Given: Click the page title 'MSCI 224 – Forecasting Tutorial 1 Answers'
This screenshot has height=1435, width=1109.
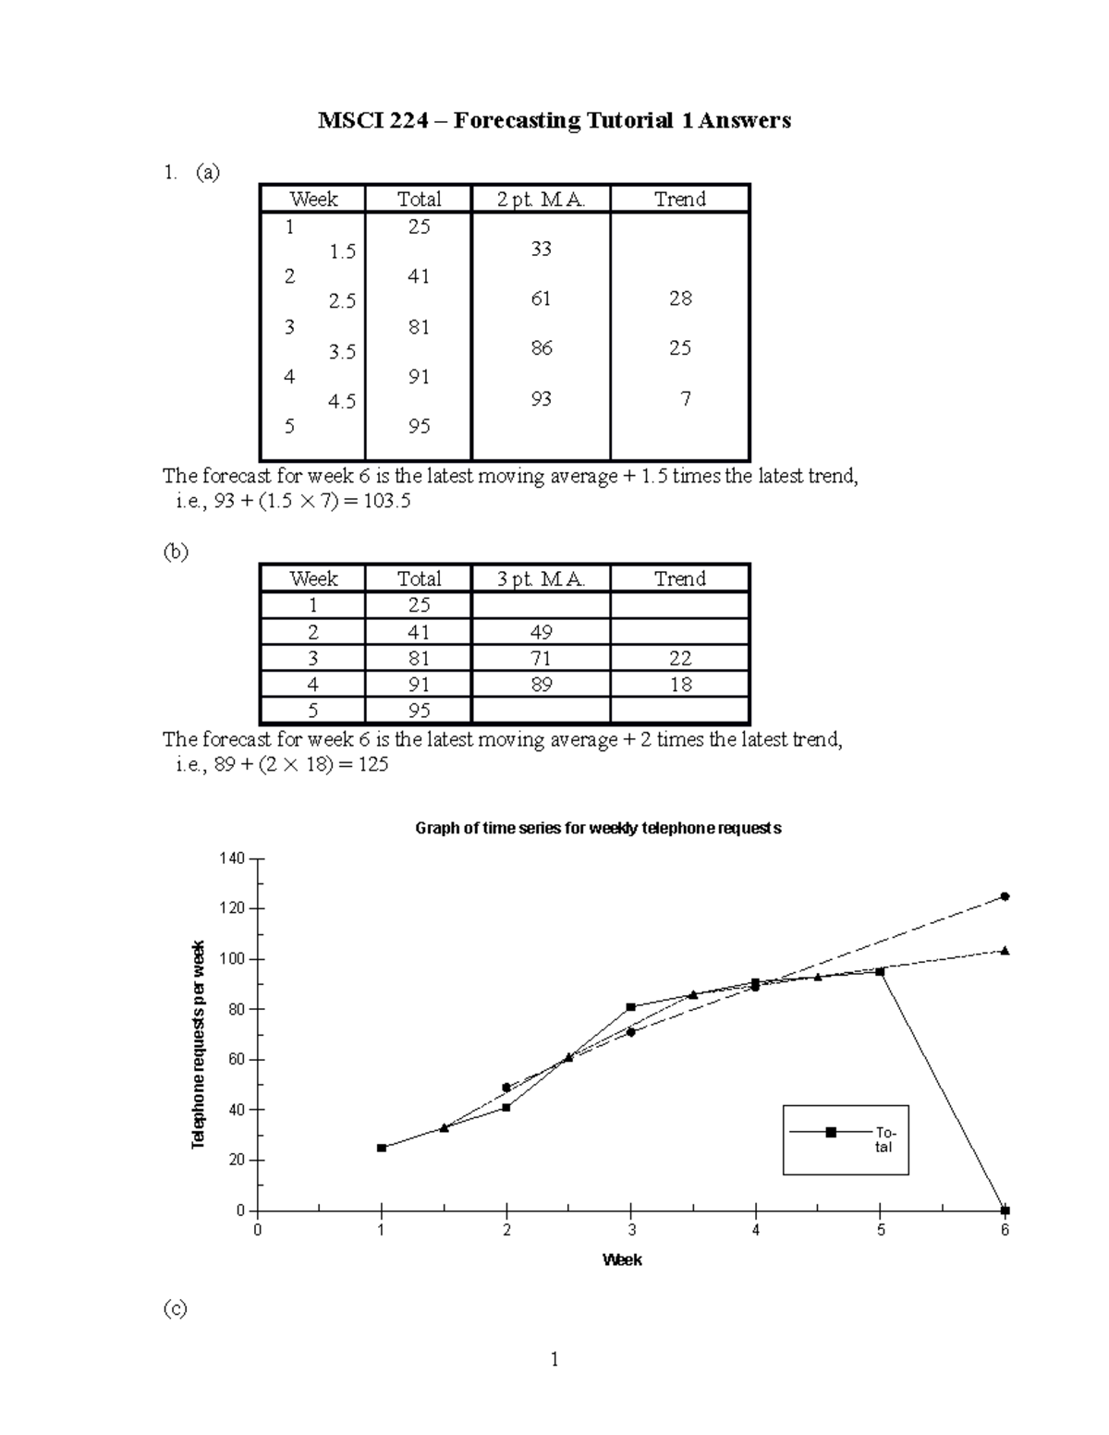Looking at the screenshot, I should [x=554, y=121].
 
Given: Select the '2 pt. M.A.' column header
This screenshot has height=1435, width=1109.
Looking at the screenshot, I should [x=541, y=200].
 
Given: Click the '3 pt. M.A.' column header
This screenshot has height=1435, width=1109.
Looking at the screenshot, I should [x=541, y=579].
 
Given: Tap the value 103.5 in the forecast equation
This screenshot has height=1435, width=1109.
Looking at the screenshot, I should [x=389, y=502].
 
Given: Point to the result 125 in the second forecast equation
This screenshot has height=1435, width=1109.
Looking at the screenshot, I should [x=372, y=765].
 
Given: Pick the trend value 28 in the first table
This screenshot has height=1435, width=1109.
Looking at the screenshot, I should [x=680, y=298].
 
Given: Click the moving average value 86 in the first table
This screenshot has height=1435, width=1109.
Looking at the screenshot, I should [x=541, y=348].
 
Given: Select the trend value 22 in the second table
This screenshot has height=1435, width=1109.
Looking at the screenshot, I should [x=680, y=659].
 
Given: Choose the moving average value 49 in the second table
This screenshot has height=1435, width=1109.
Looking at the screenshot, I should [x=541, y=633].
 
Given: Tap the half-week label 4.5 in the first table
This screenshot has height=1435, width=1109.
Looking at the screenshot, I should [x=342, y=402].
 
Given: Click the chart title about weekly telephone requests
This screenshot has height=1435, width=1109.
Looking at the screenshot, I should [x=598, y=829].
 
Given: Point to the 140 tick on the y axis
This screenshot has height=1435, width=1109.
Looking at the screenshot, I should [x=232, y=859].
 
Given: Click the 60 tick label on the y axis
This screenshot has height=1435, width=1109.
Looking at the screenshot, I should [x=236, y=1060].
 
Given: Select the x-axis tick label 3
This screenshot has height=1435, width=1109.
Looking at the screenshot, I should [x=631, y=1231].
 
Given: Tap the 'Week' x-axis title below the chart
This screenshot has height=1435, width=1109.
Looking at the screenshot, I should [x=622, y=1260].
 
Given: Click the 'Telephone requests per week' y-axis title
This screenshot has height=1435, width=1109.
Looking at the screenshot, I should [x=198, y=1044].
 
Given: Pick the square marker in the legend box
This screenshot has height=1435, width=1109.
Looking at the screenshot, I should [x=831, y=1132].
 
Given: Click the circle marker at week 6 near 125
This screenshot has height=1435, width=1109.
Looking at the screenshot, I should [x=1005, y=896].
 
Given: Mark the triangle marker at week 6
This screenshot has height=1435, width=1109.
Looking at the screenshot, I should [x=1005, y=951].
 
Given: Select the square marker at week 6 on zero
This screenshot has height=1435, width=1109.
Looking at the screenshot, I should [x=1005, y=1210].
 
